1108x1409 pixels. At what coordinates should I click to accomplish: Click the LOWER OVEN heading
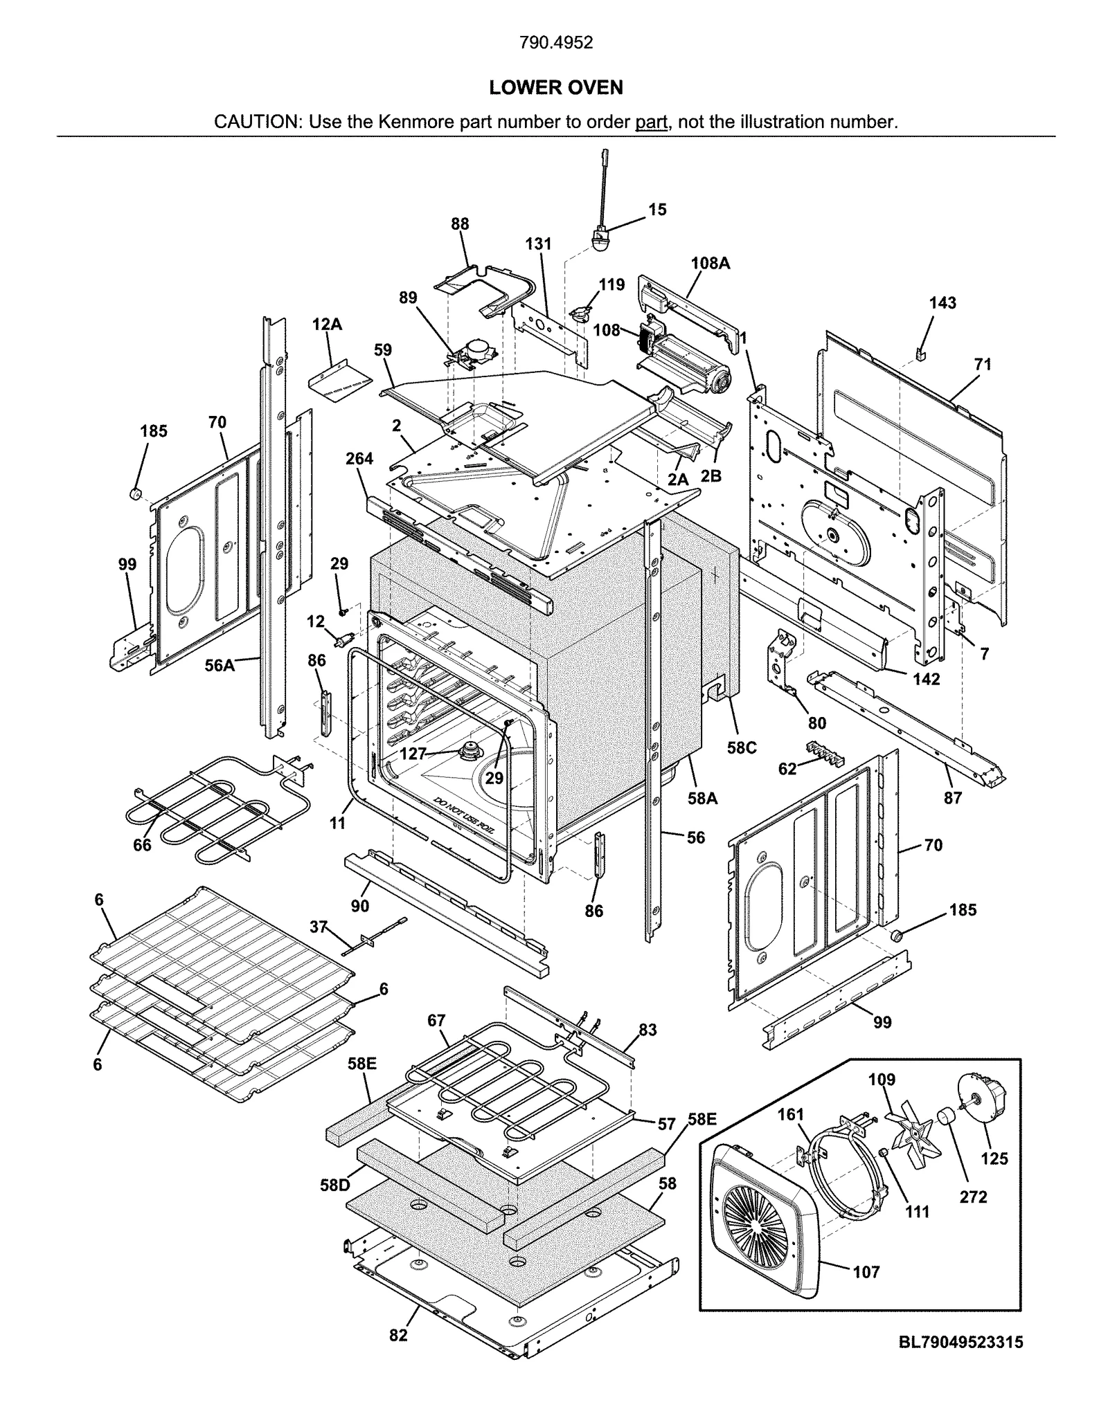click(x=555, y=88)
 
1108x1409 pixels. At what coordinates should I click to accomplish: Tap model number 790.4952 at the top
click(x=555, y=43)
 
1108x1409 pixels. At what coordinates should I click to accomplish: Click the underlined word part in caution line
click(x=650, y=122)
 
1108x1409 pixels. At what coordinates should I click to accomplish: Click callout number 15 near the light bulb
click(x=657, y=209)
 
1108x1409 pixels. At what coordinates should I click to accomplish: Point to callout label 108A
click(x=710, y=263)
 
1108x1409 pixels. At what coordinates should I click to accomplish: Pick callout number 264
click(x=359, y=459)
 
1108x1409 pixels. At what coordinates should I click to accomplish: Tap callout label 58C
click(x=741, y=747)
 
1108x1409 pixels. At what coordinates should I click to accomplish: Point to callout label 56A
click(x=220, y=665)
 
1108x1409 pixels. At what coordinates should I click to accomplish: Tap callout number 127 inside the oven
click(x=413, y=754)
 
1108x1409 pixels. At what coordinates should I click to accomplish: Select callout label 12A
click(x=327, y=324)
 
